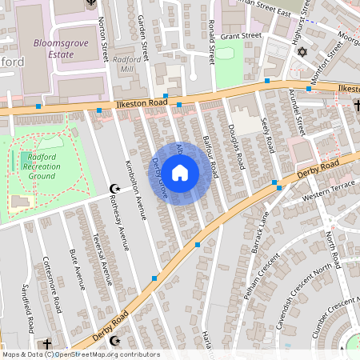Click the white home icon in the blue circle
coord(180,171)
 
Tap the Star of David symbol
coord(302,52)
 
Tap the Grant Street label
coord(241,36)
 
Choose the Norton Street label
coord(103,40)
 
